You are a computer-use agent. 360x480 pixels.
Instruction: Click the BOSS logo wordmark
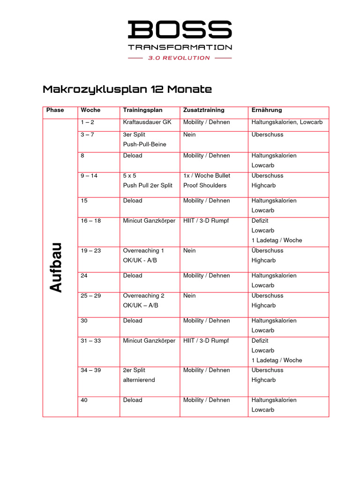tap(180, 30)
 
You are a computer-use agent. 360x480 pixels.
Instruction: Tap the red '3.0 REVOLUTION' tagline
tap(179, 58)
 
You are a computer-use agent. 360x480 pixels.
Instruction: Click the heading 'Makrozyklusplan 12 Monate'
tap(127, 89)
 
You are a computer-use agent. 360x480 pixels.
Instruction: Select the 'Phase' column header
tap(55, 110)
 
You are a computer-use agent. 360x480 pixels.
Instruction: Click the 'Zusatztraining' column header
tap(203, 110)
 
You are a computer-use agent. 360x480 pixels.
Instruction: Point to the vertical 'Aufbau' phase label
tap(57, 268)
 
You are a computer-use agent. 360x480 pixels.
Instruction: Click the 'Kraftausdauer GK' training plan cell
tap(147, 122)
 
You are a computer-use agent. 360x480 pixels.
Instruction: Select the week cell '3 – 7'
tap(88, 135)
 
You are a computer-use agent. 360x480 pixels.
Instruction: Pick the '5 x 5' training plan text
tap(129, 176)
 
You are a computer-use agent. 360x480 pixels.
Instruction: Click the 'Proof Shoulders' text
tap(204, 186)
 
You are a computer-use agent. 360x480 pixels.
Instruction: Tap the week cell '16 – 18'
tap(90, 221)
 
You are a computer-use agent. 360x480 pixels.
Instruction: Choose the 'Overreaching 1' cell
tap(143, 251)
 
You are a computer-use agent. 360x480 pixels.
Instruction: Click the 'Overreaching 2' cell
tap(143, 296)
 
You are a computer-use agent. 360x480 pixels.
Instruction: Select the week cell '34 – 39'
tap(90, 370)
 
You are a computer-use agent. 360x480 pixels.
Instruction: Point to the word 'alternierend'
tap(139, 380)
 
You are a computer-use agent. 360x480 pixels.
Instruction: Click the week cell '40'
tap(84, 400)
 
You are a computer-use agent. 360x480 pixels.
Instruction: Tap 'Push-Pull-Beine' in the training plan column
tap(144, 144)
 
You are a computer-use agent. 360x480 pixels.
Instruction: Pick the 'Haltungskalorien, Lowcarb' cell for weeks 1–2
tap(287, 122)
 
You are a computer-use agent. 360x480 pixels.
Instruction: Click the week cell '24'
tap(84, 276)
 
